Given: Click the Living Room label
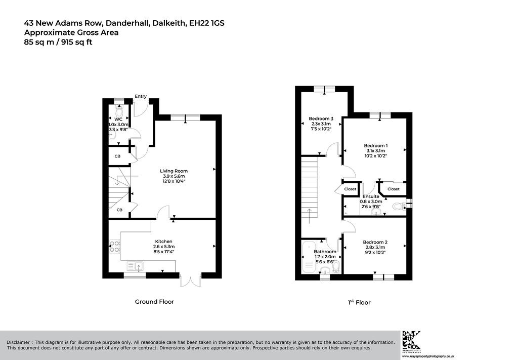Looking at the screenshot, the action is point(174,171).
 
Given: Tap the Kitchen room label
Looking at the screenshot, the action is point(164,242).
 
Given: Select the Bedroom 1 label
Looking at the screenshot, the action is point(376,145).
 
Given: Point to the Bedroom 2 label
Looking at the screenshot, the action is point(375,242).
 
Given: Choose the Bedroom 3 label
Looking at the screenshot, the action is point(321,118).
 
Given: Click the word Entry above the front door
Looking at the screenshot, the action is point(141,96).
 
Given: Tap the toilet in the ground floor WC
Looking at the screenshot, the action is point(119,109).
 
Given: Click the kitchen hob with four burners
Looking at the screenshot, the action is point(115,247).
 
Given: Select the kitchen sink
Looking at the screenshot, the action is point(135,266).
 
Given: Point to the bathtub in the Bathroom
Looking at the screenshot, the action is point(309,257).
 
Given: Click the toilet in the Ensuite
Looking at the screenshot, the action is point(400,206).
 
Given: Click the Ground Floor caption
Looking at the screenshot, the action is point(154,301).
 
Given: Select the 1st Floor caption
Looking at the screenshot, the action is point(359,302).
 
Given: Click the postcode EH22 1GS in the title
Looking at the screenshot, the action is point(207,23).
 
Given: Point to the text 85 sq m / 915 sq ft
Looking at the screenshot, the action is point(58,42).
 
